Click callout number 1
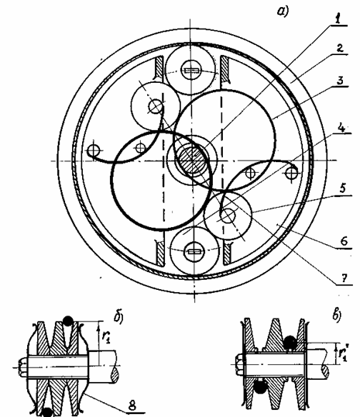(x=338, y=19)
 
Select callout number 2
(x=339, y=48)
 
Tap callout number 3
(x=341, y=80)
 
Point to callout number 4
(x=341, y=128)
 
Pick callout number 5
(x=343, y=188)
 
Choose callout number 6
(x=344, y=242)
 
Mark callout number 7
(x=345, y=278)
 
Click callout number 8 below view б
(x=132, y=406)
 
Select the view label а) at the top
(x=283, y=12)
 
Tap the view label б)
(x=118, y=317)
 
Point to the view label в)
(x=337, y=315)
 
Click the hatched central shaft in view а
(x=192, y=160)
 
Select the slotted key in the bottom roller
(x=194, y=251)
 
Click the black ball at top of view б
(x=68, y=321)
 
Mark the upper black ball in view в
(x=290, y=343)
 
